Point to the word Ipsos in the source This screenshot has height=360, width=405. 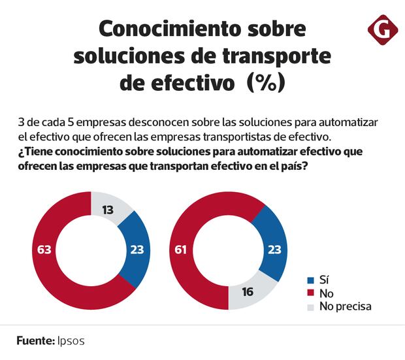click(x=71, y=341)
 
